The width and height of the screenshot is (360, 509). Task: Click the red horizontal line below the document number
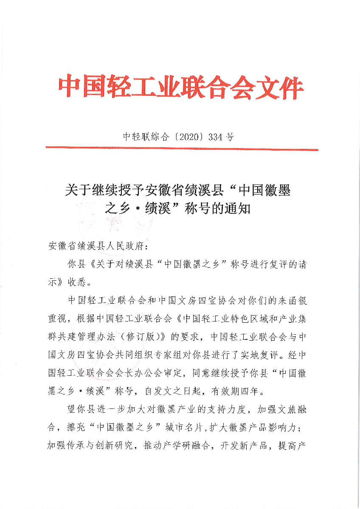click(x=182, y=149)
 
